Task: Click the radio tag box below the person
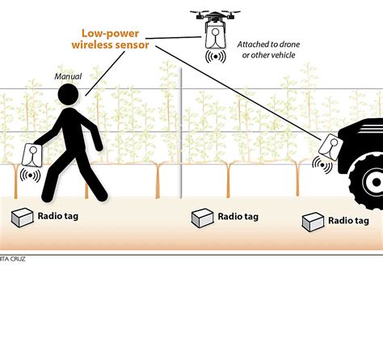(x=21, y=217)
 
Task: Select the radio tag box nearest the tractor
(x=313, y=221)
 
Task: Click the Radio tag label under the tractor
(x=349, y=220)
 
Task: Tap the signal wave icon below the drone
(x=215, y=57)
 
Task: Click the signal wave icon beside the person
(x=30, y=175)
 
